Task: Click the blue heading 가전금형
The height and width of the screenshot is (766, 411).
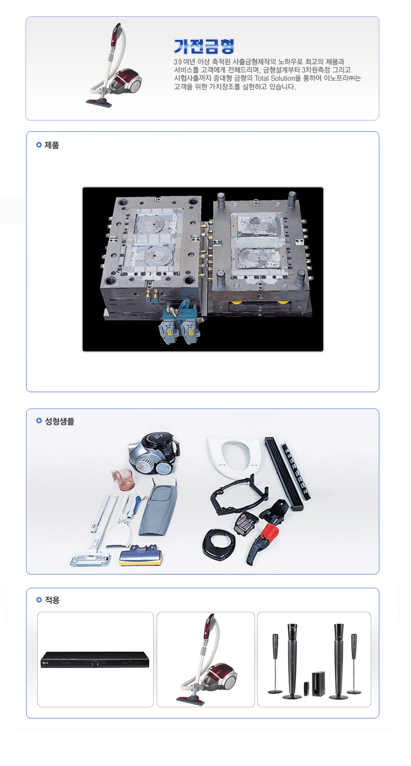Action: pos(204,46)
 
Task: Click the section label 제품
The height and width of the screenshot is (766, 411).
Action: pos(52,145)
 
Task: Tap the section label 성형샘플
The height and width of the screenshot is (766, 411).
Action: pos(60,421)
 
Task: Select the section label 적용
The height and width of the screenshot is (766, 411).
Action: pos(52,600)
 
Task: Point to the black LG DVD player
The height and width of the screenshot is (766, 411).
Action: pos(95,660)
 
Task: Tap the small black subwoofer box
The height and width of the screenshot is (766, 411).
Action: pos(318,684)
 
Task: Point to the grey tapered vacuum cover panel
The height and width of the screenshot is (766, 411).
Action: pos(157,507)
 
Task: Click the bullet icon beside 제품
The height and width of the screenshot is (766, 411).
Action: pos(39,145)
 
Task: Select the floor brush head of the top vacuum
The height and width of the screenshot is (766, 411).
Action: pos(99,102)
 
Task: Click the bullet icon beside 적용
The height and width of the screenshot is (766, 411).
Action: pos(39,600)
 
